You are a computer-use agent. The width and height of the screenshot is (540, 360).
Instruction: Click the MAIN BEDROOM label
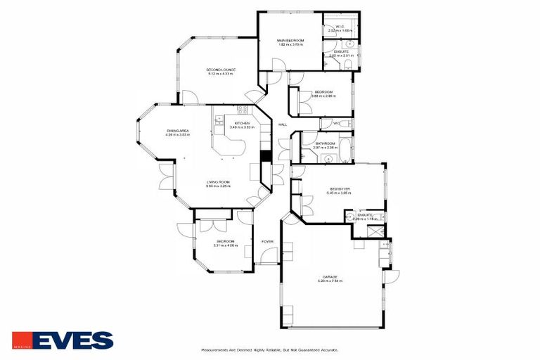[290, 41]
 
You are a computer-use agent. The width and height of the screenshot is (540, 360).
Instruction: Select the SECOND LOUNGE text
[220, 70]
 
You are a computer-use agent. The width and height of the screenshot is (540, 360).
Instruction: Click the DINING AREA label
[177, 131]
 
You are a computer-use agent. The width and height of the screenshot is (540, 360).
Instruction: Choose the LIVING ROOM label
[218, 182]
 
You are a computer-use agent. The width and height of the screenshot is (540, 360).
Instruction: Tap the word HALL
[283, 124]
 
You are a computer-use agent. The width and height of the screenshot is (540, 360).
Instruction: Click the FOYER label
[267, 242]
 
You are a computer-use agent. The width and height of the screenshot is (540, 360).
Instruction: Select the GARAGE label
[331, 277]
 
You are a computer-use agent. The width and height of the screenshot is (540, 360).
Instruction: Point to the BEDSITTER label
[340, 190]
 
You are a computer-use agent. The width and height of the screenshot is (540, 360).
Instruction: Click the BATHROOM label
[325, 143]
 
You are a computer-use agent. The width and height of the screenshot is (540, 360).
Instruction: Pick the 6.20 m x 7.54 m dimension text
[331, 282]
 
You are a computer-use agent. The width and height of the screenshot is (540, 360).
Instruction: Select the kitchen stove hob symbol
[243, 110]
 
